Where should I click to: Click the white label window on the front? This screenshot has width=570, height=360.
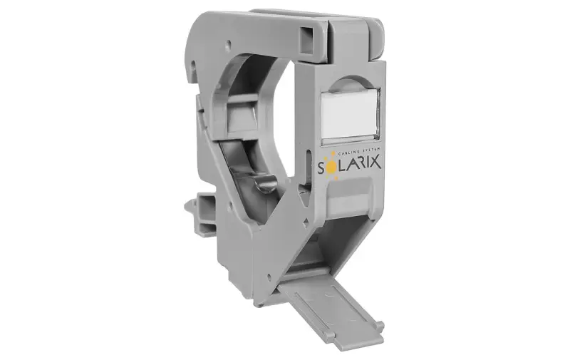(351, 113)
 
